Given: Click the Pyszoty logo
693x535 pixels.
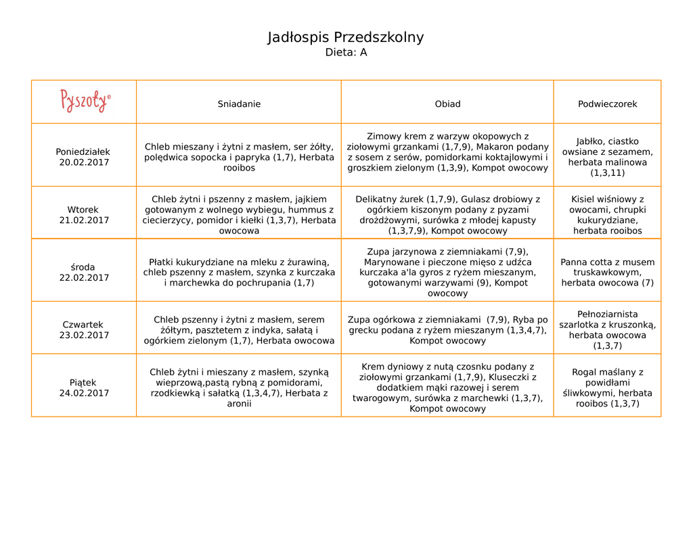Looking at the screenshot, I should [x=85, y=101].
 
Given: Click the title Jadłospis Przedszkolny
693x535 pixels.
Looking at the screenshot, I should [x=346, y=37].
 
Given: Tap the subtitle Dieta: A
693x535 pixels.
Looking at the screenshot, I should [x=346, y=53].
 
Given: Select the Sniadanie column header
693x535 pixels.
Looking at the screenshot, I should [x=239, y=104].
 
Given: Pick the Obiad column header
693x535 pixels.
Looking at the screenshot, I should [x=447, y=104].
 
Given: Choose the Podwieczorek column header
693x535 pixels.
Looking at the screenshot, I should [x=607, y=104].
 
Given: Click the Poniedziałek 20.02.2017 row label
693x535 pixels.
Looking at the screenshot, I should [x=83, y=157].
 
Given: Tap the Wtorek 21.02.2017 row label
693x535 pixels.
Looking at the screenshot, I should [x=83, y=215].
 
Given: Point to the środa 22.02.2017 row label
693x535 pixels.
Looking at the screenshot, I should [x=83, y=273].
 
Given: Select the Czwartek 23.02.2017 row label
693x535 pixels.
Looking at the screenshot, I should [x=83, y=330].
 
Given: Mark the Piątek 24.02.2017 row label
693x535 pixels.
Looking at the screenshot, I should [x=83, y=388].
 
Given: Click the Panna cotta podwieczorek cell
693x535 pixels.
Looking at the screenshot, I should [x=607, y=273].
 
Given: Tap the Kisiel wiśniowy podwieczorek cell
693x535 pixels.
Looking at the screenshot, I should [x=607, y=215].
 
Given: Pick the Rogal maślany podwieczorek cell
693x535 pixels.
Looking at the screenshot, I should [x=607, y=388].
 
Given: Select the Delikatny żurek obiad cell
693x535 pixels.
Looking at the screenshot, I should [x=447, y=215].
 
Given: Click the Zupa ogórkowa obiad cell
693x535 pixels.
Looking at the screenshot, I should [x=447, y=330].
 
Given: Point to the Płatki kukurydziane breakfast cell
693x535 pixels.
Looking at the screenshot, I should [x=239, y=273].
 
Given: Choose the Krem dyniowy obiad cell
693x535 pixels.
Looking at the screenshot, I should [x=447, y=388].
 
